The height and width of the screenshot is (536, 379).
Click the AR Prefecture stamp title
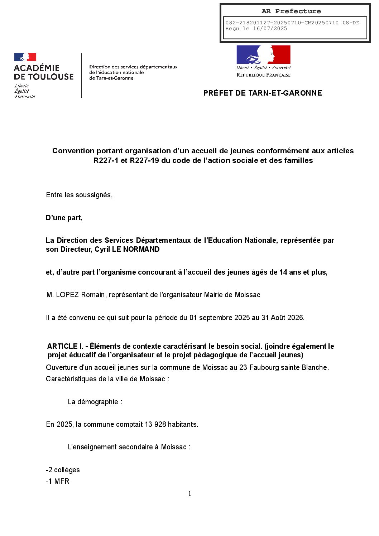[291, 11]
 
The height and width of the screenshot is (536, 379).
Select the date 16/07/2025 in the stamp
[270, 29]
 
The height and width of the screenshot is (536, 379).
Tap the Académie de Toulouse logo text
[44, 72]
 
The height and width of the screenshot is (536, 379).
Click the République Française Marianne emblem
[263, 54]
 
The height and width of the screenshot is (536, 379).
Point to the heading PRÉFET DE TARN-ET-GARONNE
[263, 93]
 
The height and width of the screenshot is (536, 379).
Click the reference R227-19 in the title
[144, 160]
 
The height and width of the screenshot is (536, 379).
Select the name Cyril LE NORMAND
[127, 249]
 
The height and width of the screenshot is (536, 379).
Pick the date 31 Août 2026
[282, 318]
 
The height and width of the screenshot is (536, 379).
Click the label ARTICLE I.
[65, 346]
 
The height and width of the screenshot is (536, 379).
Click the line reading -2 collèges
[63, 470]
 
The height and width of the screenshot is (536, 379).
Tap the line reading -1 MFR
[57, 481]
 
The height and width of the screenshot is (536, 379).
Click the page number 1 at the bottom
[189, 494]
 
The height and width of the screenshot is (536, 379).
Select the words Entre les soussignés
[79, 195]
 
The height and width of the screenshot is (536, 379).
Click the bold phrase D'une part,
[64, 218]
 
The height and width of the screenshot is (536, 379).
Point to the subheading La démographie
[95, 402]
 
